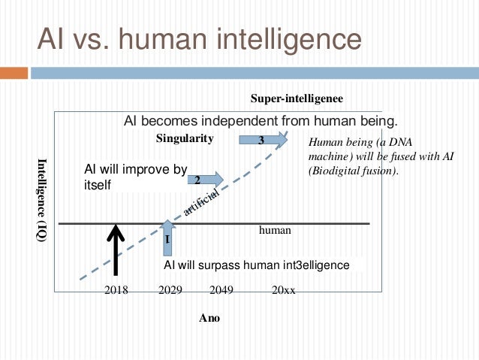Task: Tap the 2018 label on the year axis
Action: point(116,289)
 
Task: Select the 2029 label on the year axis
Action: point(170,289)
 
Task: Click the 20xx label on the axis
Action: point(283,289)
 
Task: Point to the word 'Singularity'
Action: point(185,138)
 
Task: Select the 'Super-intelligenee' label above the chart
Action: point(297,98)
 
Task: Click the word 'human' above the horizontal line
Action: point(274,231)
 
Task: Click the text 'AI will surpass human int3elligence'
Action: point(257,265)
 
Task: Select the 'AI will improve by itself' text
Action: point(135,177)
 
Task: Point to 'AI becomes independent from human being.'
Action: point(260,120)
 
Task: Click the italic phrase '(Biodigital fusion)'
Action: point(352,170)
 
